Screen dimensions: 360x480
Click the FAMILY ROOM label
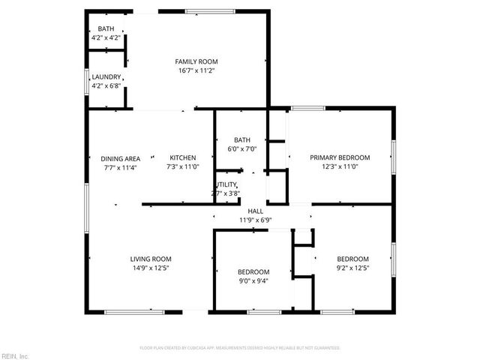pos(196,61)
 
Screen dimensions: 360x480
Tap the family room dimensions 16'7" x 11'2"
pos(196,70)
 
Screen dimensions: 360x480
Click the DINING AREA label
pos(121,158)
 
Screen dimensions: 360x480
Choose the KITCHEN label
pos(182,158)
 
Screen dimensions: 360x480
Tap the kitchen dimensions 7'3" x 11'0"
pos(182,166)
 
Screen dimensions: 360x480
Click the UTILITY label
pos(227,184)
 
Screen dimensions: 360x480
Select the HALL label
pos(255,211)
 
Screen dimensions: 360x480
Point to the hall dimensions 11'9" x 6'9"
pos(255,220)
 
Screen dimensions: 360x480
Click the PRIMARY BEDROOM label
pos(340,157)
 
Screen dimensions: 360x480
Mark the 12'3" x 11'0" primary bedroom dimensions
pos(340,166)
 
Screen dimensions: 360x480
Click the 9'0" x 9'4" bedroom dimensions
pos(253,280)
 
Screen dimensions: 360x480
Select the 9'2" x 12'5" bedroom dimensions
pos(352,268)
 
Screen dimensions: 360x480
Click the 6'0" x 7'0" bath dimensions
pos(241,148)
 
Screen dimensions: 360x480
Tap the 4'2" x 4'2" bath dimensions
pos(106,37)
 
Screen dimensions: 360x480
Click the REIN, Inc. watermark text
pos(15,355)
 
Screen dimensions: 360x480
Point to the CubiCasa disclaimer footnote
pos(240,348)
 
